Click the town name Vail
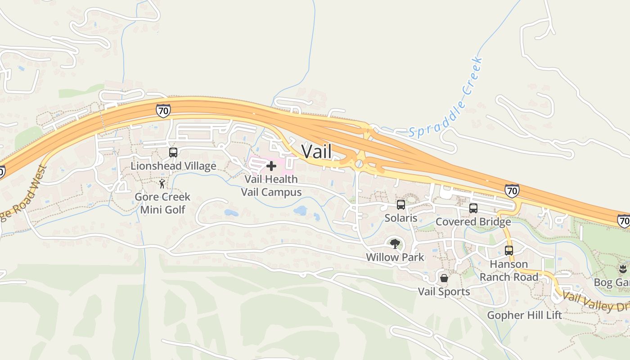[316, 152]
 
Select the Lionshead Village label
[173, 166]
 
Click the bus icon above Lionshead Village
[173, 153]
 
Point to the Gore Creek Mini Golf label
[162, 203]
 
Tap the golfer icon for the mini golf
[162, 184]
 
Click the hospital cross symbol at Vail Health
[271, 166]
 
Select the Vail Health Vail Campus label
[271, 185]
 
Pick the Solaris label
[400, 218]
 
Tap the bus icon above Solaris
[400, 205]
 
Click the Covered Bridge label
[473, 222]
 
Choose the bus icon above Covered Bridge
[473, 208]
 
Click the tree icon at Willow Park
[395, 244]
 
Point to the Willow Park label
[395, 257]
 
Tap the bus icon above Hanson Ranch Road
[508, 251]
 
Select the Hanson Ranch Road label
[508, 270]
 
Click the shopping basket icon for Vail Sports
[444, 278]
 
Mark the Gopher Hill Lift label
[524, 315]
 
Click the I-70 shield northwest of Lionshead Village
[163, 110]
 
